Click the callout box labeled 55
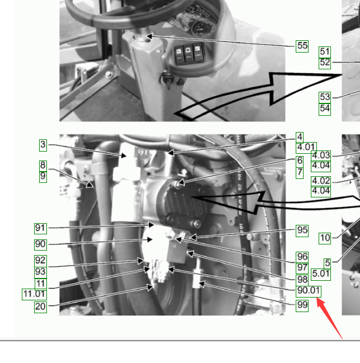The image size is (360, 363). coord(302,46)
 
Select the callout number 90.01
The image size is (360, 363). coord(309,291)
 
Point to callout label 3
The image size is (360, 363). coord(43,145)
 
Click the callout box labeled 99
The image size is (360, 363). coord(302,305)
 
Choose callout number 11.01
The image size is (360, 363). coord(34,294)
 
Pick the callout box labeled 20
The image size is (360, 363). coord(40,307)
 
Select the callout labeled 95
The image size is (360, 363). coord(302,230)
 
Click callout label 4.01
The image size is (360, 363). coord(306,148)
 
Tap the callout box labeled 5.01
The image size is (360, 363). coord(321,274)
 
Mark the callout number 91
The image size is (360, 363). coord(40,229)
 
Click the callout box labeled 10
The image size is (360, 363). coord(325,238)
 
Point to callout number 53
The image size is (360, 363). coord(325,97)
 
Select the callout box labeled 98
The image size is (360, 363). coord(302,280)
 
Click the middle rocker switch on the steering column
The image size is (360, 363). coord(188,54)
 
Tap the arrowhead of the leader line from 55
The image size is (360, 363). coord(149,36)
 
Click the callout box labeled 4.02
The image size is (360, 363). coord(321,181)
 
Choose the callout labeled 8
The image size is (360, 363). coord(43,166)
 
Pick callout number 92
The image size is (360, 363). coord(40,261)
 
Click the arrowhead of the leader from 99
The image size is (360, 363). coord(202,284)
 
